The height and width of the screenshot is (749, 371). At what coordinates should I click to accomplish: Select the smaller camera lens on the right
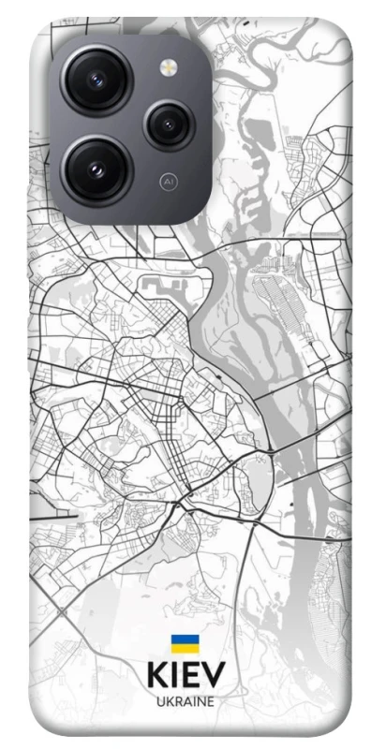click(x=169, y=122)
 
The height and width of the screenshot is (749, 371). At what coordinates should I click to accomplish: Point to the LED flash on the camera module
click(x=169, y=66)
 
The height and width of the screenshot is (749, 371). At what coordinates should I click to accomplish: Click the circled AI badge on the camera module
click(x=169, y=179)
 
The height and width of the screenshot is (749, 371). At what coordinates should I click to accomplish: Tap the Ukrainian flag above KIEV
click(x=185, y=643)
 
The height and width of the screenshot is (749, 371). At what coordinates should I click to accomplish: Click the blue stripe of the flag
click(x=185, y=639)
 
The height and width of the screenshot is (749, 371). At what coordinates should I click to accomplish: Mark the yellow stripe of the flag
click(x=185, y=648)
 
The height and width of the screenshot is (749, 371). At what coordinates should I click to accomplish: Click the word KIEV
click(x=185, y=676)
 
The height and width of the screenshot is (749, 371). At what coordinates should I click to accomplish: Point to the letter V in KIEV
click(x=215, y=676)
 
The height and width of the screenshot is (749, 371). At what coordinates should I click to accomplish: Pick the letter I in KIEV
click(x=175, y=676)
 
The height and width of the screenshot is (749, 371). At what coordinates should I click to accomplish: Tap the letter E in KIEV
click(x=193, y=676)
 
